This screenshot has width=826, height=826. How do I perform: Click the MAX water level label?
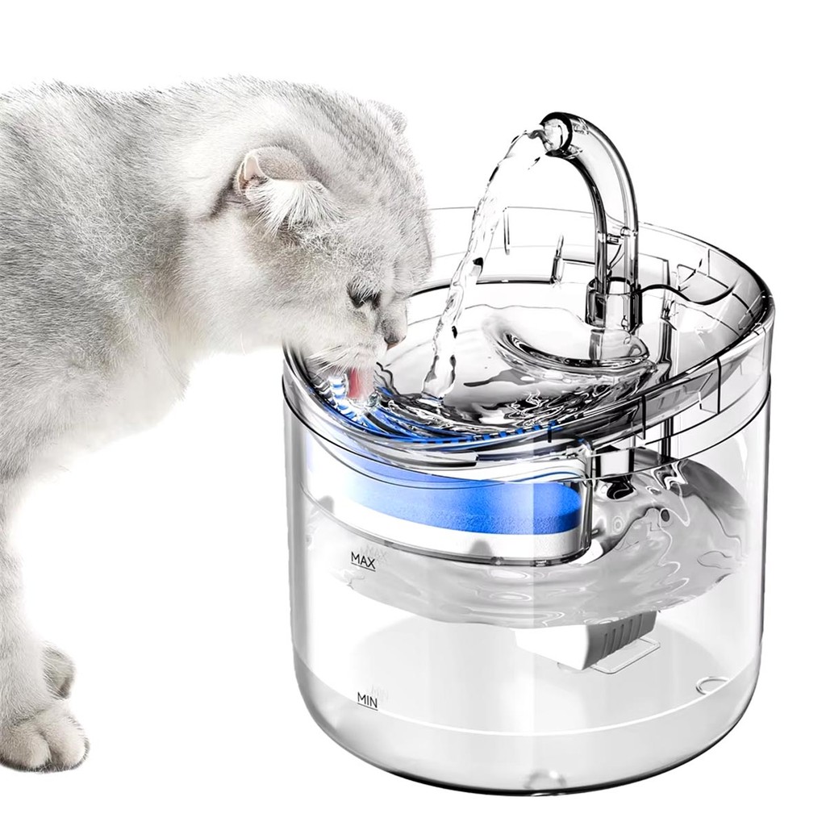362,561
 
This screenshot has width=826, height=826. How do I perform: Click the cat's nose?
393,340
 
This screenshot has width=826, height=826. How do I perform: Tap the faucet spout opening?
554,133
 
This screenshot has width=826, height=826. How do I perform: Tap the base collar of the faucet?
611,306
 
